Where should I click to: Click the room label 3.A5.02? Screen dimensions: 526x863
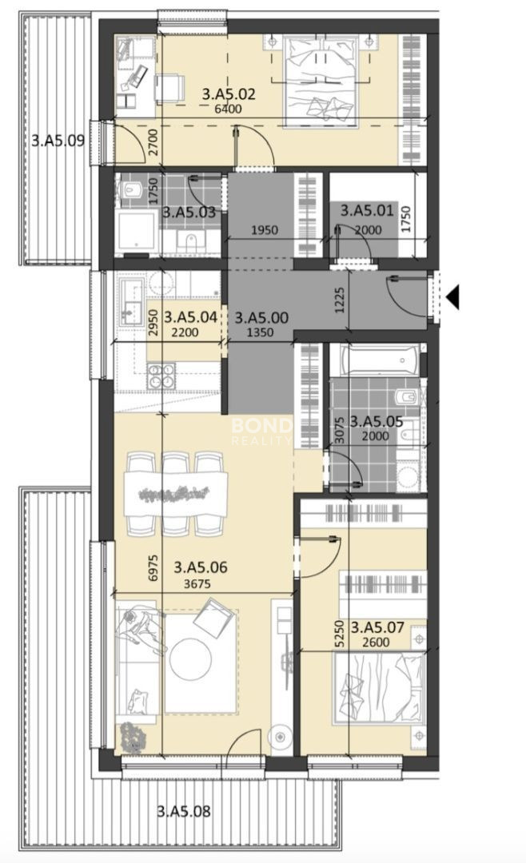click(x=229, y=93)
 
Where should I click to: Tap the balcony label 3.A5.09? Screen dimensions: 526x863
click(x=58, y=141)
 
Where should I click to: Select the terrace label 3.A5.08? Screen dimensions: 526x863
click(x=183, y=811)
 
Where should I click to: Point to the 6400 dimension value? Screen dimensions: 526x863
click(x=228, y=109)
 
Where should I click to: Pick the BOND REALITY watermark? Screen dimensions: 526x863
click(x=261, y=431)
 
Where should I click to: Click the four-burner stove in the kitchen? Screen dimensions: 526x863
click(x=161, y=376)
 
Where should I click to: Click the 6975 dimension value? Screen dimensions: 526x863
click(x=153, y=567)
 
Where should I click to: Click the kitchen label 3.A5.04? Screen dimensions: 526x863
click(x=190, y=317)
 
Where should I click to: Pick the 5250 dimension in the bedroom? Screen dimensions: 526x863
click(x=339, y=634)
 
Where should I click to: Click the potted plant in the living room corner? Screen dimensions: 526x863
click(x=132, y=735)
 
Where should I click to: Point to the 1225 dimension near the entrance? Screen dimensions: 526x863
click(x=339, y=300)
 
